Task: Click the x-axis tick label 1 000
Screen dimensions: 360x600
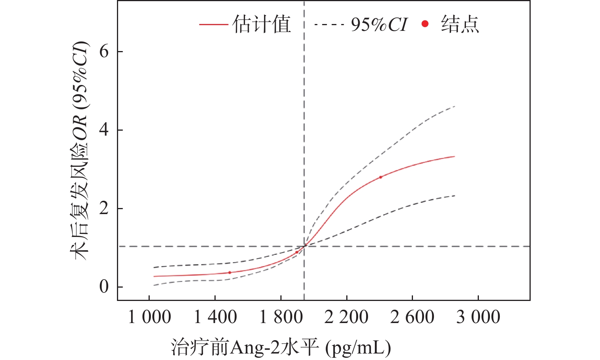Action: point(149,317)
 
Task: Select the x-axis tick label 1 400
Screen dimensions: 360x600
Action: point(215,317)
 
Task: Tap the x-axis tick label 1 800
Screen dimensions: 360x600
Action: point(281,317)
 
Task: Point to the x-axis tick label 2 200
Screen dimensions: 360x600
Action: point(347,317)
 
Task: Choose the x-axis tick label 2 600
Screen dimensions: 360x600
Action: point(412,317)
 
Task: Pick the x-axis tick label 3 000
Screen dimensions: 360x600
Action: point(478,317)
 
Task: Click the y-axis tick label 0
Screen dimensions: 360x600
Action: point(104,286)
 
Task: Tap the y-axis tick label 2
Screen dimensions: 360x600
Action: point(104,208)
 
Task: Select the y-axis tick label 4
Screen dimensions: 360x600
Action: point(104,130)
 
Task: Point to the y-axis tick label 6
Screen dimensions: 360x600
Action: point(104,51)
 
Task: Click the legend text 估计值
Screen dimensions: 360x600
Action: point(262,25)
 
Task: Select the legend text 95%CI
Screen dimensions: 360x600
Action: point(379,25)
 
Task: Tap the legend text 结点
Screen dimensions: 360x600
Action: point(460,25)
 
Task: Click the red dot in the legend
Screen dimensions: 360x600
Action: point(425,24)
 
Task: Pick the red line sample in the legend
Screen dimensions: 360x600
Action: point(213,25)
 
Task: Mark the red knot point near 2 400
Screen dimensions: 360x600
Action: point(381,177)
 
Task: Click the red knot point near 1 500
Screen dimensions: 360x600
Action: point(230,272)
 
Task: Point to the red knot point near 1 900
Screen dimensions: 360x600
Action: point(297,252)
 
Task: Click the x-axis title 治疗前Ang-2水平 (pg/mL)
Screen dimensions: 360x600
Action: point(281,347)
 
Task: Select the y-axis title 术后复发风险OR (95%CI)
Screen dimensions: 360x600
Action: point(80,150)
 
